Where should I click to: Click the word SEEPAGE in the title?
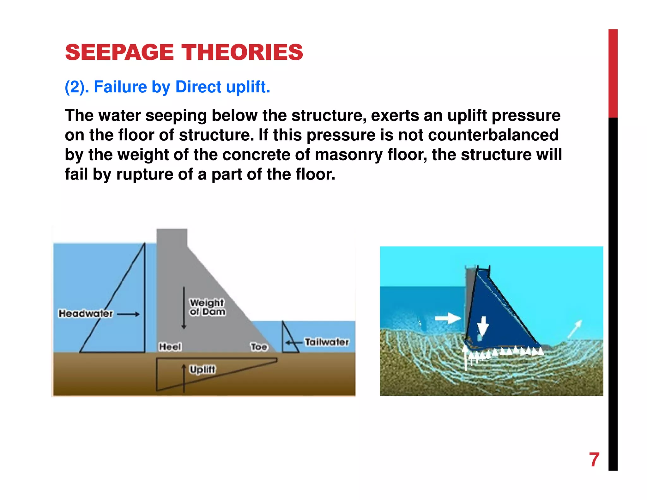[x=119, y=52]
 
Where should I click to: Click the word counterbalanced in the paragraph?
[x=493, y=135]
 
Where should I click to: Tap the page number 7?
[x=594, y=460]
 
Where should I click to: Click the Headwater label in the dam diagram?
[x=86, y=314]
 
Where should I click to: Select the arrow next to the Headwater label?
[x=128, y=314]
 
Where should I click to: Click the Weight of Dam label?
[x=207, y=307]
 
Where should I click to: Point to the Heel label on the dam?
[x=170, y=347]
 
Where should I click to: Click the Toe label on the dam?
[x=259, y=347]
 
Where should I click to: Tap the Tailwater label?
[x=327, y=342]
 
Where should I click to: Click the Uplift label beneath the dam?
[x=202, y=369]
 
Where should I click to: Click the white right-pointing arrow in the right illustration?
[x=448, y=318]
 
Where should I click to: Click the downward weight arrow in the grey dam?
[x=184, y=308]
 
